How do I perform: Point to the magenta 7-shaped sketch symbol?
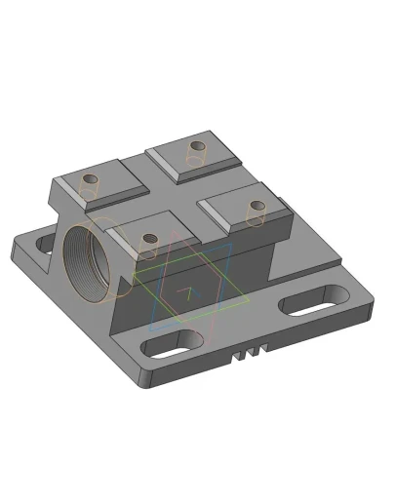[x=182, y=292]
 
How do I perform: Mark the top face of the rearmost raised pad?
[x=194, y=156]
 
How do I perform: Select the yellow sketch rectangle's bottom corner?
[x=188, y=317]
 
